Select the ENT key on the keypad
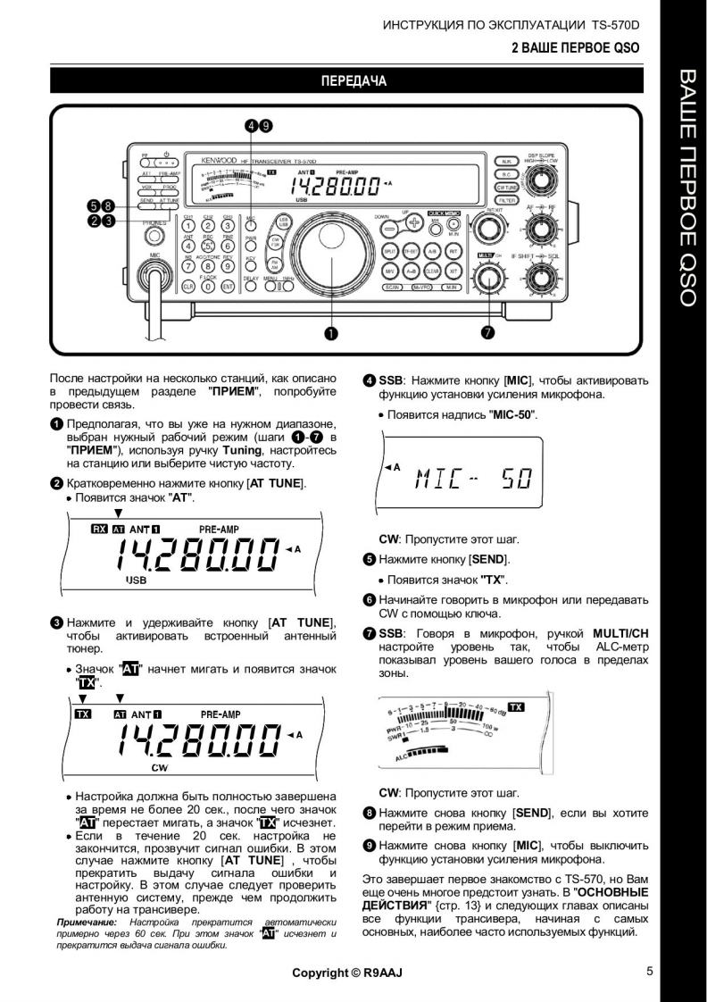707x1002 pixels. tap(228, 287)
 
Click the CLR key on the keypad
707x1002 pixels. tap(188, 287)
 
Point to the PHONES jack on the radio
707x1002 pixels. tap(155, 237)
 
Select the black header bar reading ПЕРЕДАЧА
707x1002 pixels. tap(353, 82)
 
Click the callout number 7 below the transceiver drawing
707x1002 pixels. tap(488, 333)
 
